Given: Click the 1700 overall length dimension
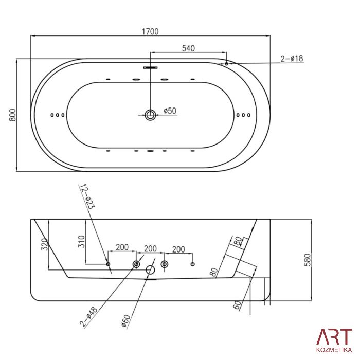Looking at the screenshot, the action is pyautogui.click(x=150, y=31).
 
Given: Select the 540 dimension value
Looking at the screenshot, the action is pyautogui.click(x=188, y=48).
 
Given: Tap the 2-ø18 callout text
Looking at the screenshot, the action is pyautogui.click(x=292, y=59).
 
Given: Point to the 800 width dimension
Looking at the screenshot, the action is pyautogui.click(x=13, y=115).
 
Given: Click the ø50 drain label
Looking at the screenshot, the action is pyautogui.click(x=170, y=111).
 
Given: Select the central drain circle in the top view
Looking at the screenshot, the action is pyautogui.click(x=150, y=115).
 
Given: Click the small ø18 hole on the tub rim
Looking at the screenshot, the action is pyautogui.click(x=226, y=64).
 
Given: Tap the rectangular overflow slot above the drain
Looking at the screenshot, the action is pyautogui.click(x=150, y=67).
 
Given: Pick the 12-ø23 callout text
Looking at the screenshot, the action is pyautogui.click(x=87, y=196).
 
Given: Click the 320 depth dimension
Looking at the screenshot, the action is pyautogui.click(x=45, y=244).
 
